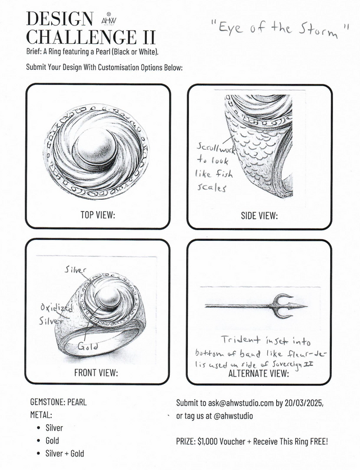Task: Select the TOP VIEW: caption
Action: pyautogui.click(x=98, y=214)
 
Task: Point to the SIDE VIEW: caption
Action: pyautogui.click(x=259, y=215)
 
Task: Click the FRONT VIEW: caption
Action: pyautogui.click(x=96, y=373)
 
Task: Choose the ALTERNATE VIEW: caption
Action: pyautogui.click(x=259, y=373)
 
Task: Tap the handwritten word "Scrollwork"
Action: pyautogui.click(x=211, y=148)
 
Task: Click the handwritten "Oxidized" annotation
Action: pyautogui.click(x=51, y=308)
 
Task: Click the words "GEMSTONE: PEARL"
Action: pyautogui.click(x=58, y=403)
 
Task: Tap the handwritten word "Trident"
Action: pyautogui.click(x=240, y=341)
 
